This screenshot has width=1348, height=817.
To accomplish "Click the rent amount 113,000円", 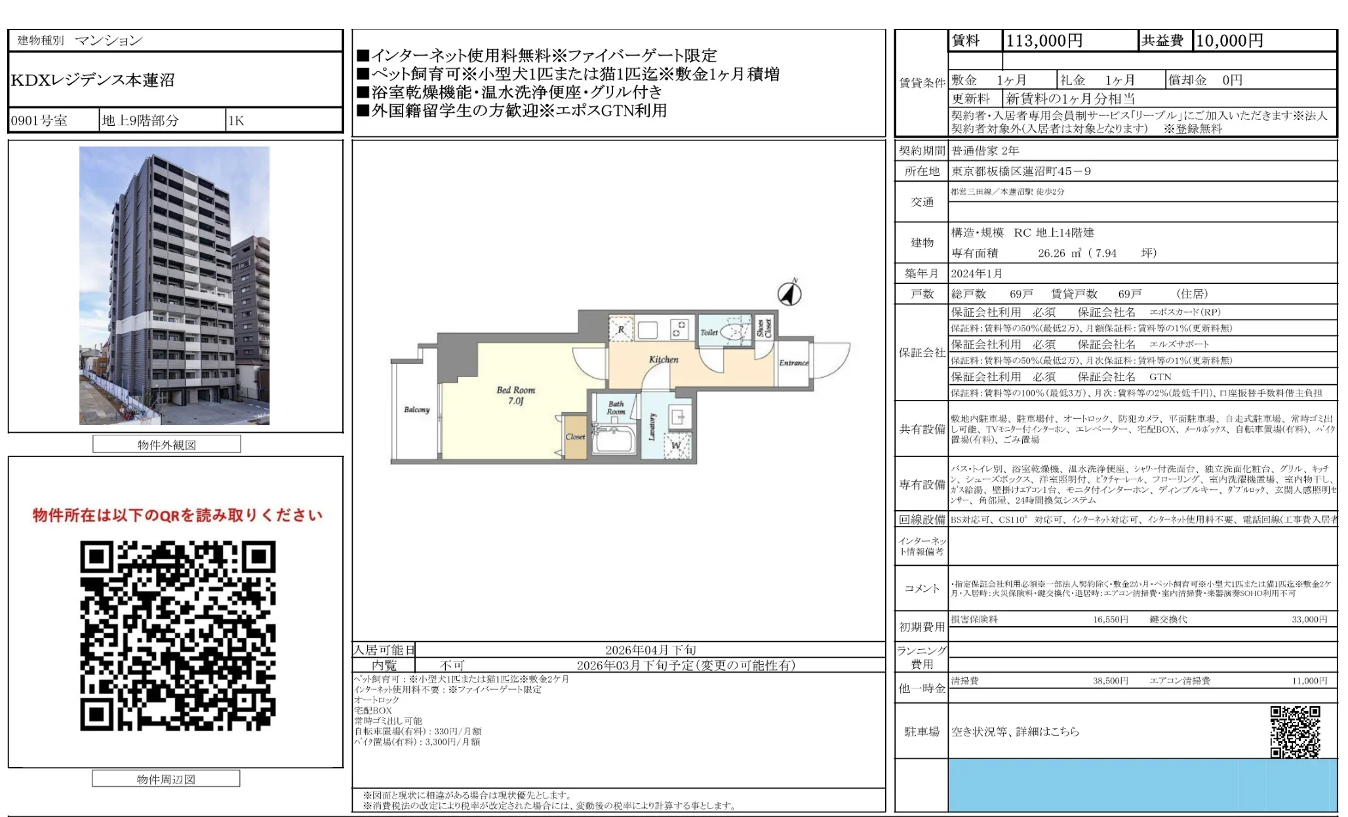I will (x=1044, y=41).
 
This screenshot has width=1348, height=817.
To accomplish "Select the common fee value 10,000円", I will (x=1229, y=41).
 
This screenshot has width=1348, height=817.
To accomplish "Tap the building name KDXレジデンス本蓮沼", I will (x=93, y=80).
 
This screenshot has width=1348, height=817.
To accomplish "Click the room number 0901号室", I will (x=39, y=121).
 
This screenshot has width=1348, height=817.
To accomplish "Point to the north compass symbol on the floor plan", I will (x=789, y=293).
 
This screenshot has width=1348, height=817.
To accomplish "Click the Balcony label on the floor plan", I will (x=416, y=410).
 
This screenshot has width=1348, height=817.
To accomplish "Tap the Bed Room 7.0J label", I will (x=516, y=395).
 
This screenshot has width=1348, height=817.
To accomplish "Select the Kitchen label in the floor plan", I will (x=664, y=359).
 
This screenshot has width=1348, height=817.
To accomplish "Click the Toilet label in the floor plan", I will (x=709, y=332).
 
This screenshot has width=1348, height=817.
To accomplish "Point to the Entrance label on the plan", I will (x=793, y=363).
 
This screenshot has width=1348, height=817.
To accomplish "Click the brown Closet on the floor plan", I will (x=575, y=436).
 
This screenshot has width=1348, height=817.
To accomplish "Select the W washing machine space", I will (x=676, y=446).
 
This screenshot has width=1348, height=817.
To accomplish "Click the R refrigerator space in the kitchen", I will (x=621, y=330).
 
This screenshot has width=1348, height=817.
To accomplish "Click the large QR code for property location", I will (x=178, y=635).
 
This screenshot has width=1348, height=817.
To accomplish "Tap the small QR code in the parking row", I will (x=1295, y=732).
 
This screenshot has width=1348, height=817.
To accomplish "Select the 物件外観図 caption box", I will (x=167, y=445).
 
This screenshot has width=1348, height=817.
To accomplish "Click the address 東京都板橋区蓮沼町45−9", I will (x=1021, y=172).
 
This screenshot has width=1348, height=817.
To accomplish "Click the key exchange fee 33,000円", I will (x=1309, y=619).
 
